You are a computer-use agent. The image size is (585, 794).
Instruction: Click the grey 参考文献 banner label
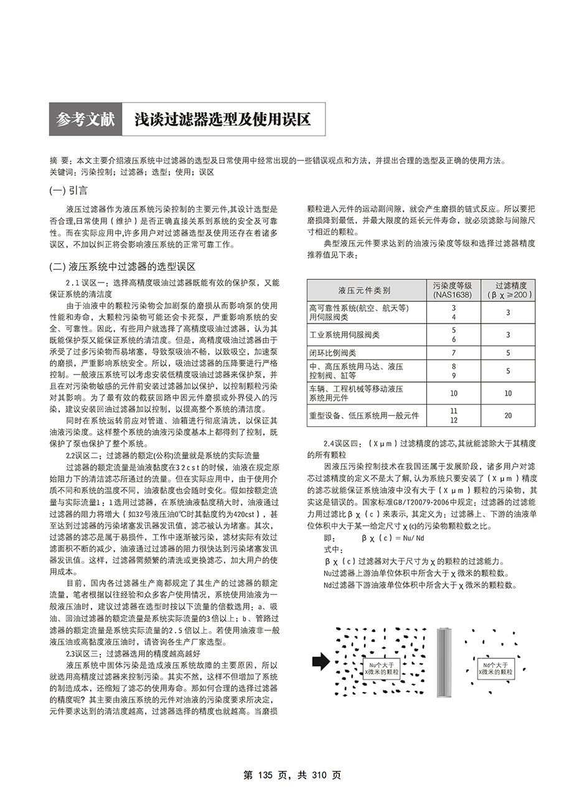point(86,119)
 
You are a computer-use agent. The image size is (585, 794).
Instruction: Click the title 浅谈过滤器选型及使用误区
point(222,119)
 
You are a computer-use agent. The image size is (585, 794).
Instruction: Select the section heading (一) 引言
point(68,190)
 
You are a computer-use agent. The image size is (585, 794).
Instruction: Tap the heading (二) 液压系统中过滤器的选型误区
point(123,266)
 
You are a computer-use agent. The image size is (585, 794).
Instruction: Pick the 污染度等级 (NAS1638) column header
point(452,290)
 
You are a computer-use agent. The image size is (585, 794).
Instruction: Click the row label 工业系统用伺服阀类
point(344,335)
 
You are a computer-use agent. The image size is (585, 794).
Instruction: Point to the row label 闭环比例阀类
point(333,353)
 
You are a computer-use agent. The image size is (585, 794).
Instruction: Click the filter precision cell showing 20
point(508,415)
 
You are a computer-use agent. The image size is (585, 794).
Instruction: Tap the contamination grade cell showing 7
point(453,353)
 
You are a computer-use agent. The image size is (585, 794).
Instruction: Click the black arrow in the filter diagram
point(321,661)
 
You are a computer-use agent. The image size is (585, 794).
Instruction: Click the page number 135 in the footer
point(265,775)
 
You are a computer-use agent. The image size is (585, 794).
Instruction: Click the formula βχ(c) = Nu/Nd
point(392,538)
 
